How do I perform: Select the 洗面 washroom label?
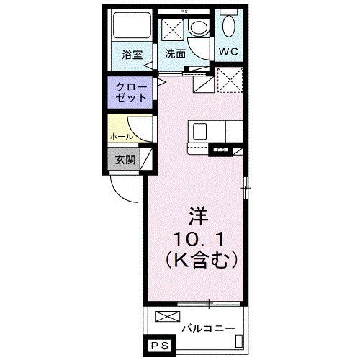click(x=175, y=53)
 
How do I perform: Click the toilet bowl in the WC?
click(x=229, y=27)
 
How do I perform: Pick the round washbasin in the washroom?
click(x=197, y=28)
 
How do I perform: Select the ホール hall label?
click(x=120, y=135)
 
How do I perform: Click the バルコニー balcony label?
click(x=208, y=328)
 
